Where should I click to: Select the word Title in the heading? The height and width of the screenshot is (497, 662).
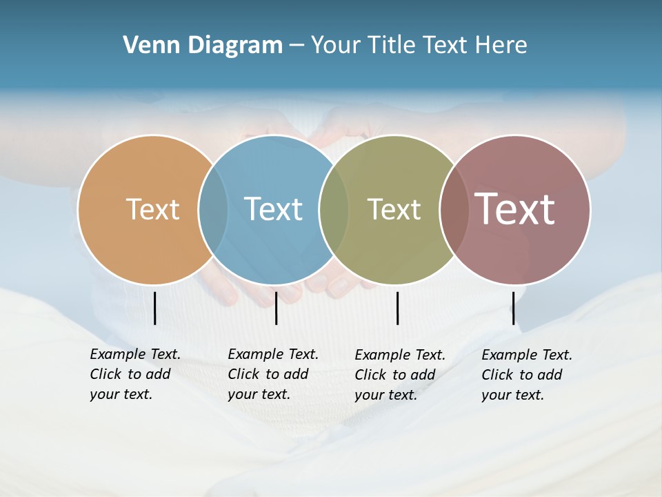coord(392,45)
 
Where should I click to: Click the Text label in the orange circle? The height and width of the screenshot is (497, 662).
coord(152,209)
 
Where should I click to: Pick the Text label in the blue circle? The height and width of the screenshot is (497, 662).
coord(273,209)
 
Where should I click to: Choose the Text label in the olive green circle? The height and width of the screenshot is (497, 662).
coord(394,209)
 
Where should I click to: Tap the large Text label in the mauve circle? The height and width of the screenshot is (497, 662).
coord(515,209)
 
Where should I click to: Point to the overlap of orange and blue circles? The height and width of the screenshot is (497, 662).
coord(213,209)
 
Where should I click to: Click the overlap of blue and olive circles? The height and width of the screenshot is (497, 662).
coord(334,209)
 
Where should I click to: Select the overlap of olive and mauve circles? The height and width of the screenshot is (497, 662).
coord(454,209)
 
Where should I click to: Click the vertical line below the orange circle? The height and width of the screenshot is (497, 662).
coord(154,308)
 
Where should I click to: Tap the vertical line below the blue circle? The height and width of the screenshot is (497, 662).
coord(276,308)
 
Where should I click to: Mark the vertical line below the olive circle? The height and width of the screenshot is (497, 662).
coord(397,308)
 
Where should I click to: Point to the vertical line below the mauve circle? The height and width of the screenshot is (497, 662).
coord(513,308)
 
